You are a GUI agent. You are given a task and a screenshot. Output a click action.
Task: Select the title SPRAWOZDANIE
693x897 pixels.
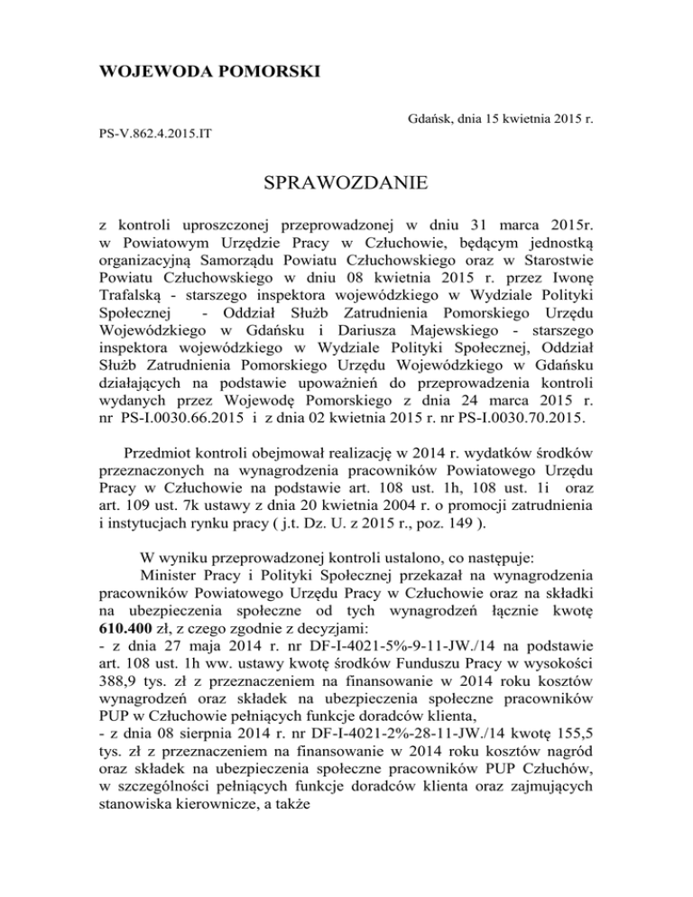coord(346,186)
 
